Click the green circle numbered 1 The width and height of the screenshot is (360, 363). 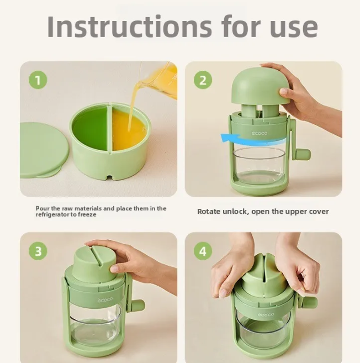point(38,81)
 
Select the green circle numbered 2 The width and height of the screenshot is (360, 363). point(203,81)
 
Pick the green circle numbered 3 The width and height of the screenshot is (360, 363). point(38,251)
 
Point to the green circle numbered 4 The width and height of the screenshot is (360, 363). point(203,251)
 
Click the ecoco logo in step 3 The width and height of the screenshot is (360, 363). point(105,299)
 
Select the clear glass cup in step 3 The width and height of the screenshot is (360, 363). point(96,326)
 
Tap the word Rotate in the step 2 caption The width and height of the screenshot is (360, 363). point(209,212)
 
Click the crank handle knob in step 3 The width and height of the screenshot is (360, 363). point(137,305)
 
